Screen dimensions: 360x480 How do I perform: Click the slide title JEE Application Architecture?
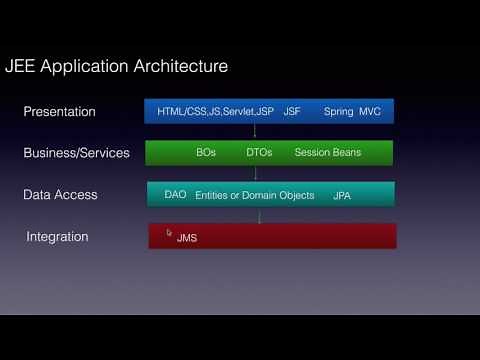coord(117,67)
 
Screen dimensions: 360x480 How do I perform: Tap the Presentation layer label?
coord(60,112)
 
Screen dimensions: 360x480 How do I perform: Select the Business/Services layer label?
coord(77,153)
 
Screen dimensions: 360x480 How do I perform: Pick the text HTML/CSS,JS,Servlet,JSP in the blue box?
coord(215,112)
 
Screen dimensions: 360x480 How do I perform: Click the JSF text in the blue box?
coord(292,112)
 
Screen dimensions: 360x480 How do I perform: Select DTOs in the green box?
coord(259,153)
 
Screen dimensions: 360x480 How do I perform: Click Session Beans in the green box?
coord(328,153)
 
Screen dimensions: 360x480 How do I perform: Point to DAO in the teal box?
coord(175,194)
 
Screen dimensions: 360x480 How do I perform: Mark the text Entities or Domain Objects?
coord(255,195)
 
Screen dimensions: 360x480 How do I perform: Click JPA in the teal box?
coord(343,195)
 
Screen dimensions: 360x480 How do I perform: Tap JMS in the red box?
coord(187,239)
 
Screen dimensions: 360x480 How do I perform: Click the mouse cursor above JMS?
coord(170,231)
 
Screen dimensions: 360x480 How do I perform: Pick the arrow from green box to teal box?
coord(259,173)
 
